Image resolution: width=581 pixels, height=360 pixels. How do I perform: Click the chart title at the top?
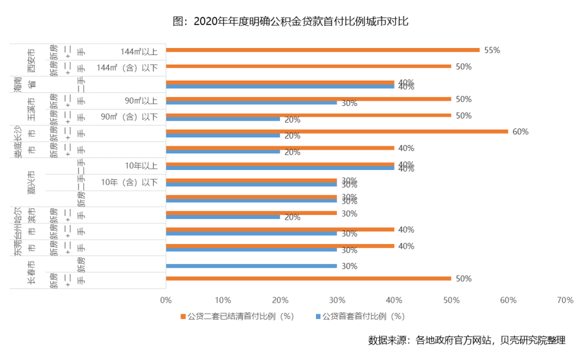click(x=290, y=22)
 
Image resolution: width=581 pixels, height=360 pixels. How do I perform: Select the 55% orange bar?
click(x=322, y=50)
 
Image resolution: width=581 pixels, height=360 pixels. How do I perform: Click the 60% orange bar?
click(x=337, y=131)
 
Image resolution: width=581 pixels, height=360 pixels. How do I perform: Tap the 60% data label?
click(x=520, y=131)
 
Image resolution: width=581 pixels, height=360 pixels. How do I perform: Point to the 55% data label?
click(x=492, y=50)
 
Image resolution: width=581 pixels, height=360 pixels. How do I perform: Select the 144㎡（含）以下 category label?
click(x=127, y=67)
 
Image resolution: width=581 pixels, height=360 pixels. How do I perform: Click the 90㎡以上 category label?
click(x=141, y=100)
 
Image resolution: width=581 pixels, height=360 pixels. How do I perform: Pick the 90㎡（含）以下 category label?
click(x=130, y=117)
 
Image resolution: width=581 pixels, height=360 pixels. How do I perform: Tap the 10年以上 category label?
click(x=141, y=165)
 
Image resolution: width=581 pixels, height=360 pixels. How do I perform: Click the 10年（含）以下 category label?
click(x=130, y=182)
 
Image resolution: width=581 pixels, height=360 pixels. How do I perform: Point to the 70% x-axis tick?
click(x=565, y=300)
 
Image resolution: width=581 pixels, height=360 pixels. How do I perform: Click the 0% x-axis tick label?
click(x=166, y=300)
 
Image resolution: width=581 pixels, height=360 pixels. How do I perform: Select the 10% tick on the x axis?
click(x=222, y=300)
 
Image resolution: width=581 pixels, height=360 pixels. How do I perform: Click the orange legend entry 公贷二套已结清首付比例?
click(x=237, y=316)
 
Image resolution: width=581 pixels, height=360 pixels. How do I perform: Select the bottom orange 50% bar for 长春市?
click(x=308, y=278)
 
